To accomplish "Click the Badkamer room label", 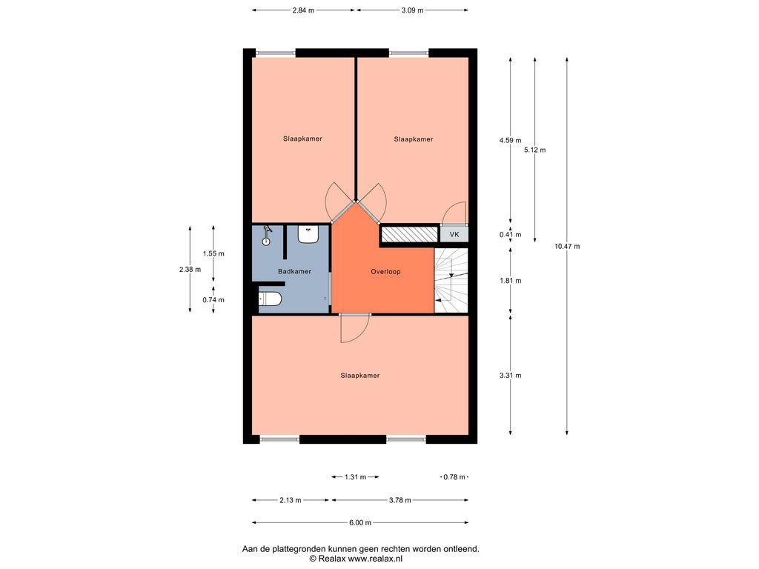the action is point(294,271).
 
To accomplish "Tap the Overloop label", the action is point(385,271).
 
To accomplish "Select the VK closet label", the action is point(454,235).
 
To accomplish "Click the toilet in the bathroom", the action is point(270,299).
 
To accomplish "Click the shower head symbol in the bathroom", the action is point(267,235).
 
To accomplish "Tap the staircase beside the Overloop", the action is point(451,281).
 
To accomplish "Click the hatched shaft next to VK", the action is point(409,235).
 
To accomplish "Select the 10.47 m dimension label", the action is point(567,246).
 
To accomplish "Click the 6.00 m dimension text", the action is point(360,522).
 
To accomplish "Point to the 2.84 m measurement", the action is point(303,10).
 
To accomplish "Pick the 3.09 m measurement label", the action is point(412,10).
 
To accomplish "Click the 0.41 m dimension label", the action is point(510,235).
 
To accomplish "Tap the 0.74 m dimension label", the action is point(213,300).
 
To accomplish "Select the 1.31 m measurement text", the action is point(355,477).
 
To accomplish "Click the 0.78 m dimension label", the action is point(454,477).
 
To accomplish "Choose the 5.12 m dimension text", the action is point(535,150).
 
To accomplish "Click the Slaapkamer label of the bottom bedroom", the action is point(359,376).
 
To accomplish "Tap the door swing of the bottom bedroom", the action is point(355,329).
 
